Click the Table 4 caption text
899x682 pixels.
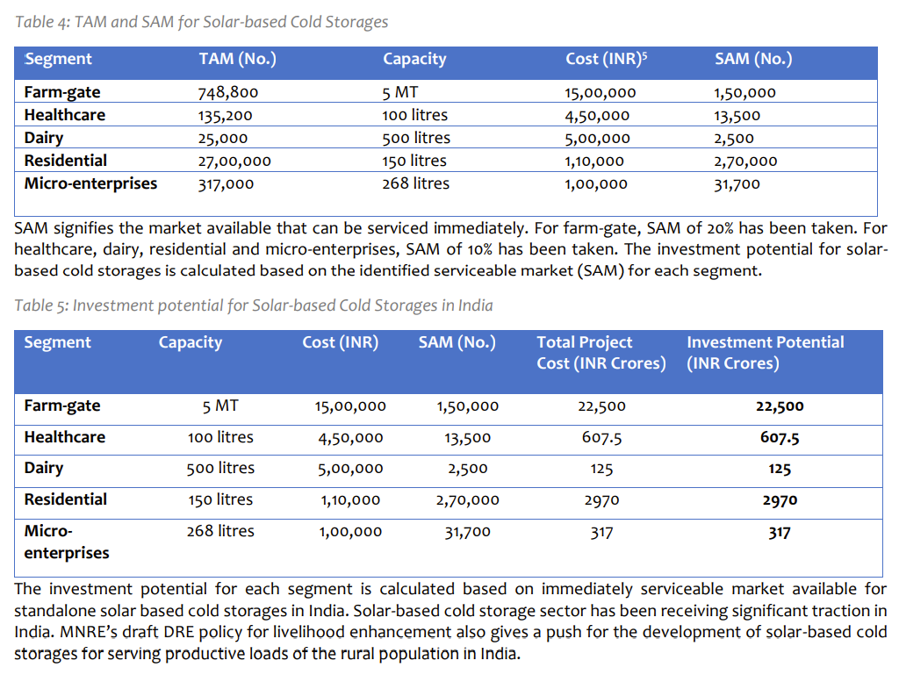202,21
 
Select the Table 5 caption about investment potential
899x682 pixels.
254,305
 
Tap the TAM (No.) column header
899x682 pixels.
237,59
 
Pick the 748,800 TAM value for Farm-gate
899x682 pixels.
228,92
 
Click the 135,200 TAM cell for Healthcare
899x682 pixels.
227,115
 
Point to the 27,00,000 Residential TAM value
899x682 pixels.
234,161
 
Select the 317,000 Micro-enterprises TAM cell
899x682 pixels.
227,183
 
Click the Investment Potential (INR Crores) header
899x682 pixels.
765,353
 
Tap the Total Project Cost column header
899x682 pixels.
601,353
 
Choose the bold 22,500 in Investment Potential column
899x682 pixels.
780,406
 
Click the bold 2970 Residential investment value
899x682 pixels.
780,500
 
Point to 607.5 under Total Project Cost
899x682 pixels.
601,438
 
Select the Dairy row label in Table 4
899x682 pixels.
44,138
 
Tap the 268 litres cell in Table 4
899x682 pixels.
415,183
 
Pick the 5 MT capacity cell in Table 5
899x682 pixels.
220,406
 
